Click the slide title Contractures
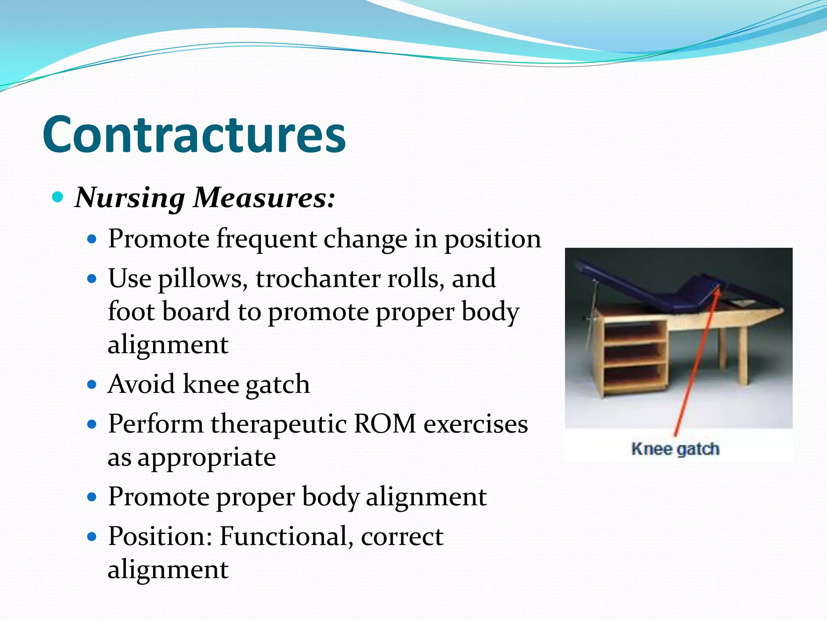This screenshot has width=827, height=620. pos(194,134)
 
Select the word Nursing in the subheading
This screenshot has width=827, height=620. pos(130,198)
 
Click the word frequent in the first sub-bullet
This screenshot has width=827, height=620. pos(267,239)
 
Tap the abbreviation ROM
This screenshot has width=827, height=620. pos(385,424)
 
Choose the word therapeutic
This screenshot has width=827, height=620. pos(278,425)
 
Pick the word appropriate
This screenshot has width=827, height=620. pos(207,458)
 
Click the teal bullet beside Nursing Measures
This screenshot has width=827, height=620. pos(58,198)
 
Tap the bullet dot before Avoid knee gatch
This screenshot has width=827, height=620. pos(92,384)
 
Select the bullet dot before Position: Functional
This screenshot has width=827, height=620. pos(92,536)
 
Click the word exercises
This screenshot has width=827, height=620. pos(475,424)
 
